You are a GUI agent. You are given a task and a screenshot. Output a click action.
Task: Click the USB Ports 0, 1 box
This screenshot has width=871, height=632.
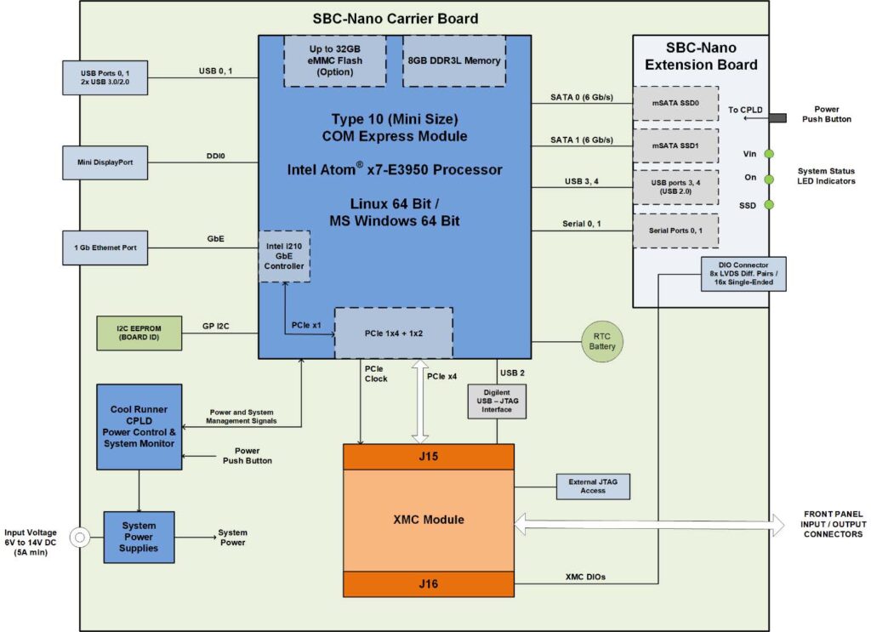105,77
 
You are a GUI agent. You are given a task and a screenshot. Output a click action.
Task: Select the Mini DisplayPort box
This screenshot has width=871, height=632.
105,162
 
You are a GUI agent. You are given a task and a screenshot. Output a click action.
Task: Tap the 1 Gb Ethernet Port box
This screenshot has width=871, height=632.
105,248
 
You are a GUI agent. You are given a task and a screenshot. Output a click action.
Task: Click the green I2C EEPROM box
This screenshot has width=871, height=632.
139,333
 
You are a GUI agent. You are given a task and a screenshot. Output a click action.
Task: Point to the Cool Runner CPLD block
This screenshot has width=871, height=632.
139,426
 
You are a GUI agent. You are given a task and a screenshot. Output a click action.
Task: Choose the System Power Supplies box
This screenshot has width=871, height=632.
139,537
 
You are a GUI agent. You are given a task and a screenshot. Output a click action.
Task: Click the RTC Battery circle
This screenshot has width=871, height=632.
602,340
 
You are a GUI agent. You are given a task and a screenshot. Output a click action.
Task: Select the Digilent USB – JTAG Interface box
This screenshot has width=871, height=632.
497,401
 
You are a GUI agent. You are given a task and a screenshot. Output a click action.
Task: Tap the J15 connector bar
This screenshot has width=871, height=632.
428,457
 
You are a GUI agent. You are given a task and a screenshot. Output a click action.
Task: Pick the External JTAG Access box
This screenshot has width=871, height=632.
593,486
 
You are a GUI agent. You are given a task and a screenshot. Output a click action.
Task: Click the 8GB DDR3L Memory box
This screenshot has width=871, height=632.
454,60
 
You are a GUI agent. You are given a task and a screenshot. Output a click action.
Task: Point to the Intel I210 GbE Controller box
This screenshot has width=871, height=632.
284,256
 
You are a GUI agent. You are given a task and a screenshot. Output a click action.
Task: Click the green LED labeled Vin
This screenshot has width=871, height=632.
769,154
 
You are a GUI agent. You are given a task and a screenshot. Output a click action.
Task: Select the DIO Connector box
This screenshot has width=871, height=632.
743,274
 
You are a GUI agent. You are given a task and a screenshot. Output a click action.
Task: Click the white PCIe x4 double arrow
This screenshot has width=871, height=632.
419,400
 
